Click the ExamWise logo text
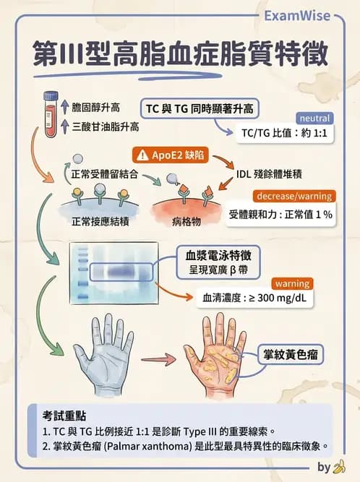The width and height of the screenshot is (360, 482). (x=296, y=15)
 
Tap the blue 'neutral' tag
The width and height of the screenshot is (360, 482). (x=314, y=118)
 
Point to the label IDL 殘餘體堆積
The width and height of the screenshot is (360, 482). (x=270, y=174)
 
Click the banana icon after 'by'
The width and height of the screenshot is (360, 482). (x=338, y=467)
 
